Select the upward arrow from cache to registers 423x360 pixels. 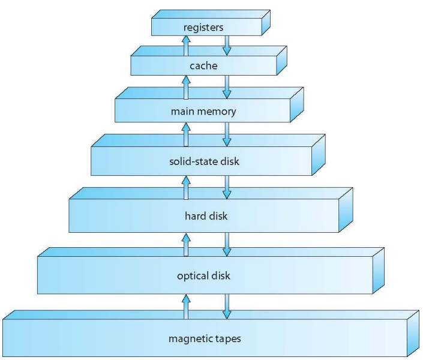click(186, 45)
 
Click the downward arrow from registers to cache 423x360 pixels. click(227, 44)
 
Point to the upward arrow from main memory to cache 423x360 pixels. click(186, 86)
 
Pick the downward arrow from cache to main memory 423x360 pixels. click(227, 86)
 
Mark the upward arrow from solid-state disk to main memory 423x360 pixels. click(186, 134)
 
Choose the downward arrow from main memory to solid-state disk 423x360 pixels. click(227, 134)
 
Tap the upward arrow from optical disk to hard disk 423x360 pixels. click(186, 243)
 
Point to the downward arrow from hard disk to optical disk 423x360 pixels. click(227, 243)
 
